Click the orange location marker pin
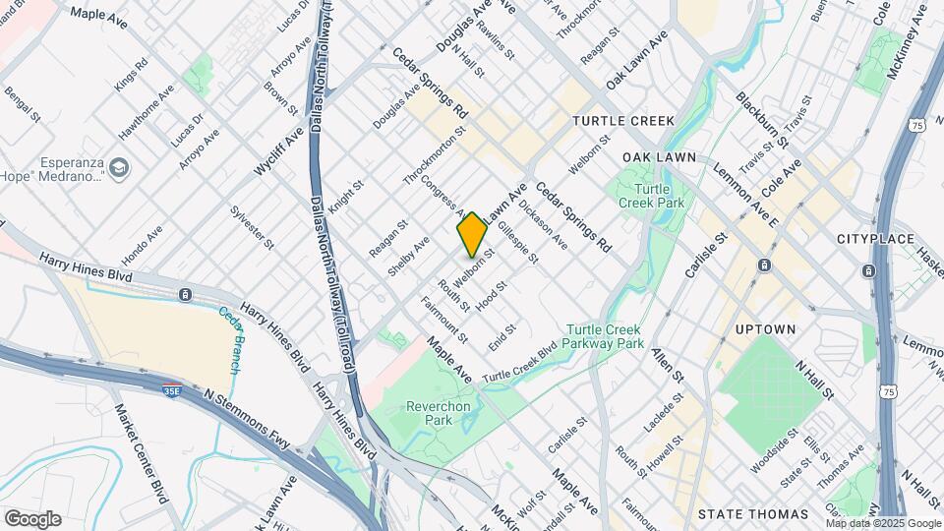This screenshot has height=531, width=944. click(x=472, y=234)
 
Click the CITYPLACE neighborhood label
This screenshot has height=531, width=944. click(x=875, y=239)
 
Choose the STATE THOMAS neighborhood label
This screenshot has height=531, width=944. click(x=752, y=513)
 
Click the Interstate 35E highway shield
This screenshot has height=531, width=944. click(x=172, y=390)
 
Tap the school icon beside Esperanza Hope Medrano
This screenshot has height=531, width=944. click(x=119, y=168)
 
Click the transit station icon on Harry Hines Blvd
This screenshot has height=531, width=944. click(x=185, y=294)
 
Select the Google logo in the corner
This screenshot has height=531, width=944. click(x=32, y=518)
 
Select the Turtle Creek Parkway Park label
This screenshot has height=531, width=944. click(x=605, y=336)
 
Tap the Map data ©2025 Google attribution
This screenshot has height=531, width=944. click(x=882, y=523)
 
